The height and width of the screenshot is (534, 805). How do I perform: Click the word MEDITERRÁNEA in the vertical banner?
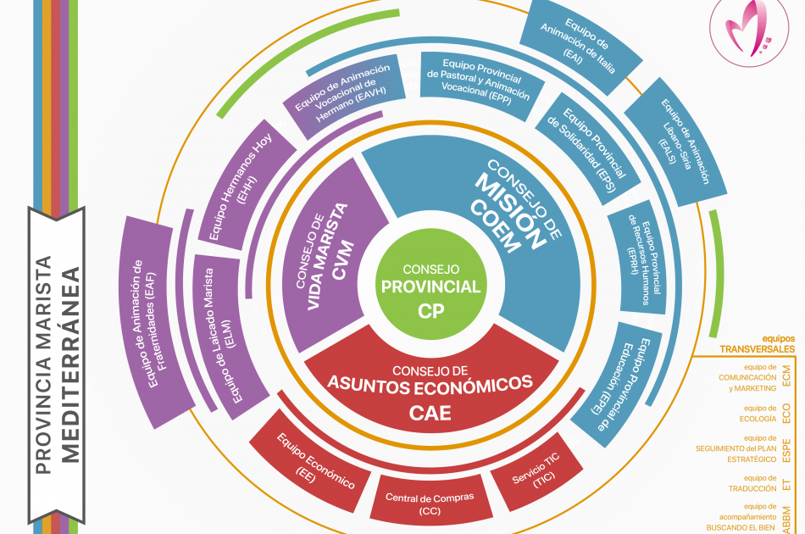71,364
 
